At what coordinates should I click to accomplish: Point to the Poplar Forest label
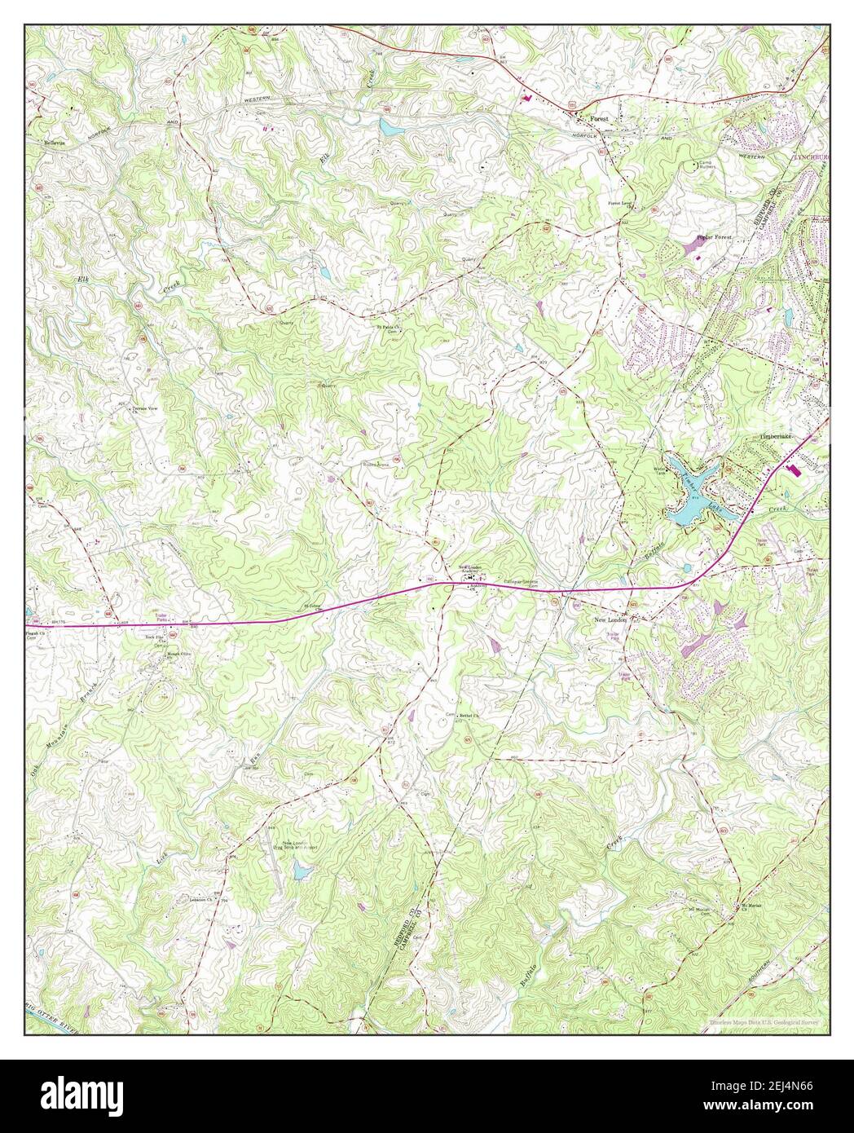tap(714, 237)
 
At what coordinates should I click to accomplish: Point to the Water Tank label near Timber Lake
tap(660, 472)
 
